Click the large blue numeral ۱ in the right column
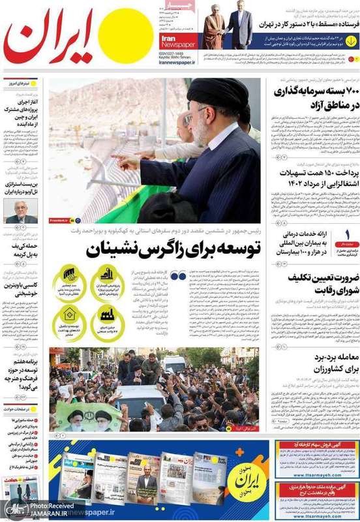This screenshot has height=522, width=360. click(x=348, y=234)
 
